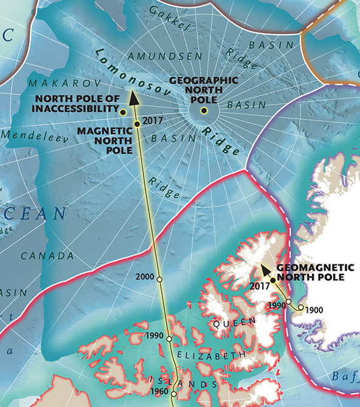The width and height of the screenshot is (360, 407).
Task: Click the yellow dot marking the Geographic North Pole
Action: [204, 111]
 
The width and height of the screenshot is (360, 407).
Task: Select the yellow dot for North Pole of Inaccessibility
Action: [123, 112]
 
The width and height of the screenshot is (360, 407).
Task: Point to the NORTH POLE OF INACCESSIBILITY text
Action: [77, 104]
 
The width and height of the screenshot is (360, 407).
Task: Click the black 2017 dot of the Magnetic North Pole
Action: [137, 124]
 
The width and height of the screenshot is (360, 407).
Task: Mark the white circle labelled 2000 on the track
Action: [159, 279]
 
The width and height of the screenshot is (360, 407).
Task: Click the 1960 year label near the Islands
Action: [159, 392]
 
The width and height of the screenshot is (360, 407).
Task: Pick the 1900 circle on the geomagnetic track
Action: [301, 308]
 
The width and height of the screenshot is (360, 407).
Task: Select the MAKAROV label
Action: [53, 82]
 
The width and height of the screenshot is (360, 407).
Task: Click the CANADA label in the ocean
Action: [47, 256]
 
